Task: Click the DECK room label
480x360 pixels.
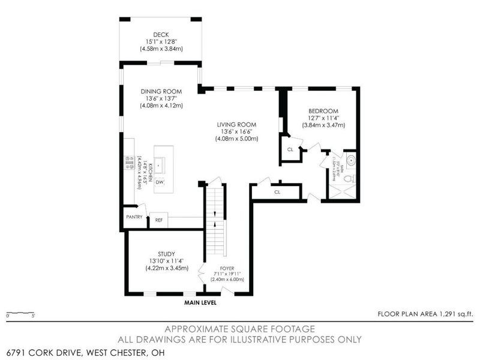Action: pos(160,34)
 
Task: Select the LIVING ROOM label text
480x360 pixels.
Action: pos(236,125)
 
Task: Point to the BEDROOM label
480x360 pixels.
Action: pos(324,111)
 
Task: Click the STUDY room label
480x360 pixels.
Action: pos(166,254)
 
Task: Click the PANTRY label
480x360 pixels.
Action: pos(134,217)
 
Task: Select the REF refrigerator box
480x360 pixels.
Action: pos(159,220)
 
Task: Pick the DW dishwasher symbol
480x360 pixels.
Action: pos(160,181)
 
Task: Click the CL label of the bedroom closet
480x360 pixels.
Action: pos(290,149)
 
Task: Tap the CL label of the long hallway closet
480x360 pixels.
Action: pos(277,192)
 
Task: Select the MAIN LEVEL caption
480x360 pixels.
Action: pos(200,303)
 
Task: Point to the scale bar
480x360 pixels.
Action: pos(20,313)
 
